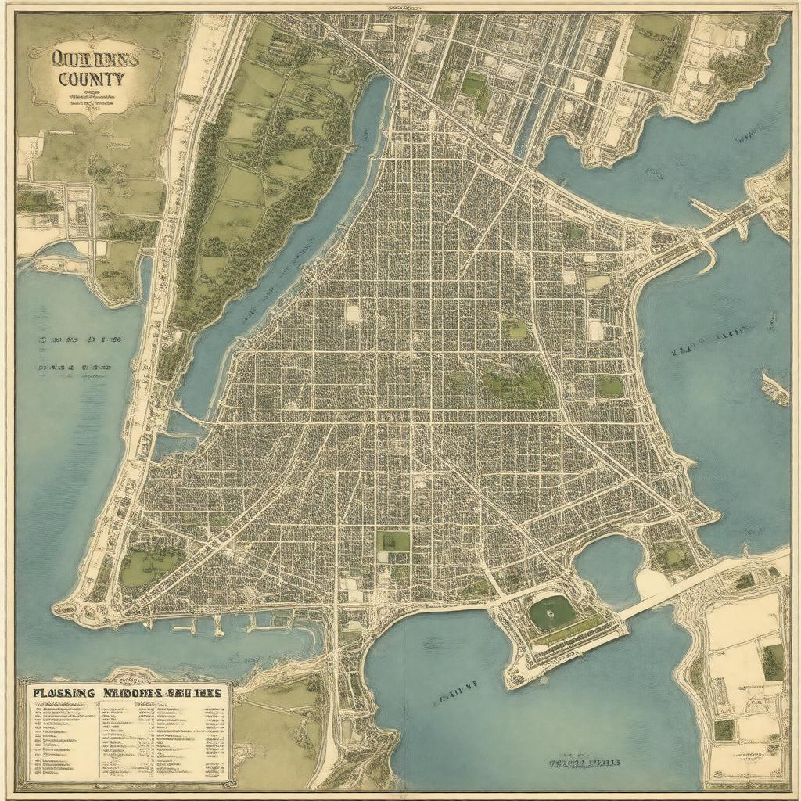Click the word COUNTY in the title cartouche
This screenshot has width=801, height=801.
coord(90,79)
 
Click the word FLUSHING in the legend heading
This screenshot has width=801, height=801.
coord(63,693)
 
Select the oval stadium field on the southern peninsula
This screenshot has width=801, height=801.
coord(551,613)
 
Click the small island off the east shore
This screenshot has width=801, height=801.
coord(774,388)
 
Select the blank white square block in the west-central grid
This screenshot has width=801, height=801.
coord(353,313)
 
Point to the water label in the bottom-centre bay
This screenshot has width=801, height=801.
coord(584,761)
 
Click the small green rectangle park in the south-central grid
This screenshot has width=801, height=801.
coord(393,541)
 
